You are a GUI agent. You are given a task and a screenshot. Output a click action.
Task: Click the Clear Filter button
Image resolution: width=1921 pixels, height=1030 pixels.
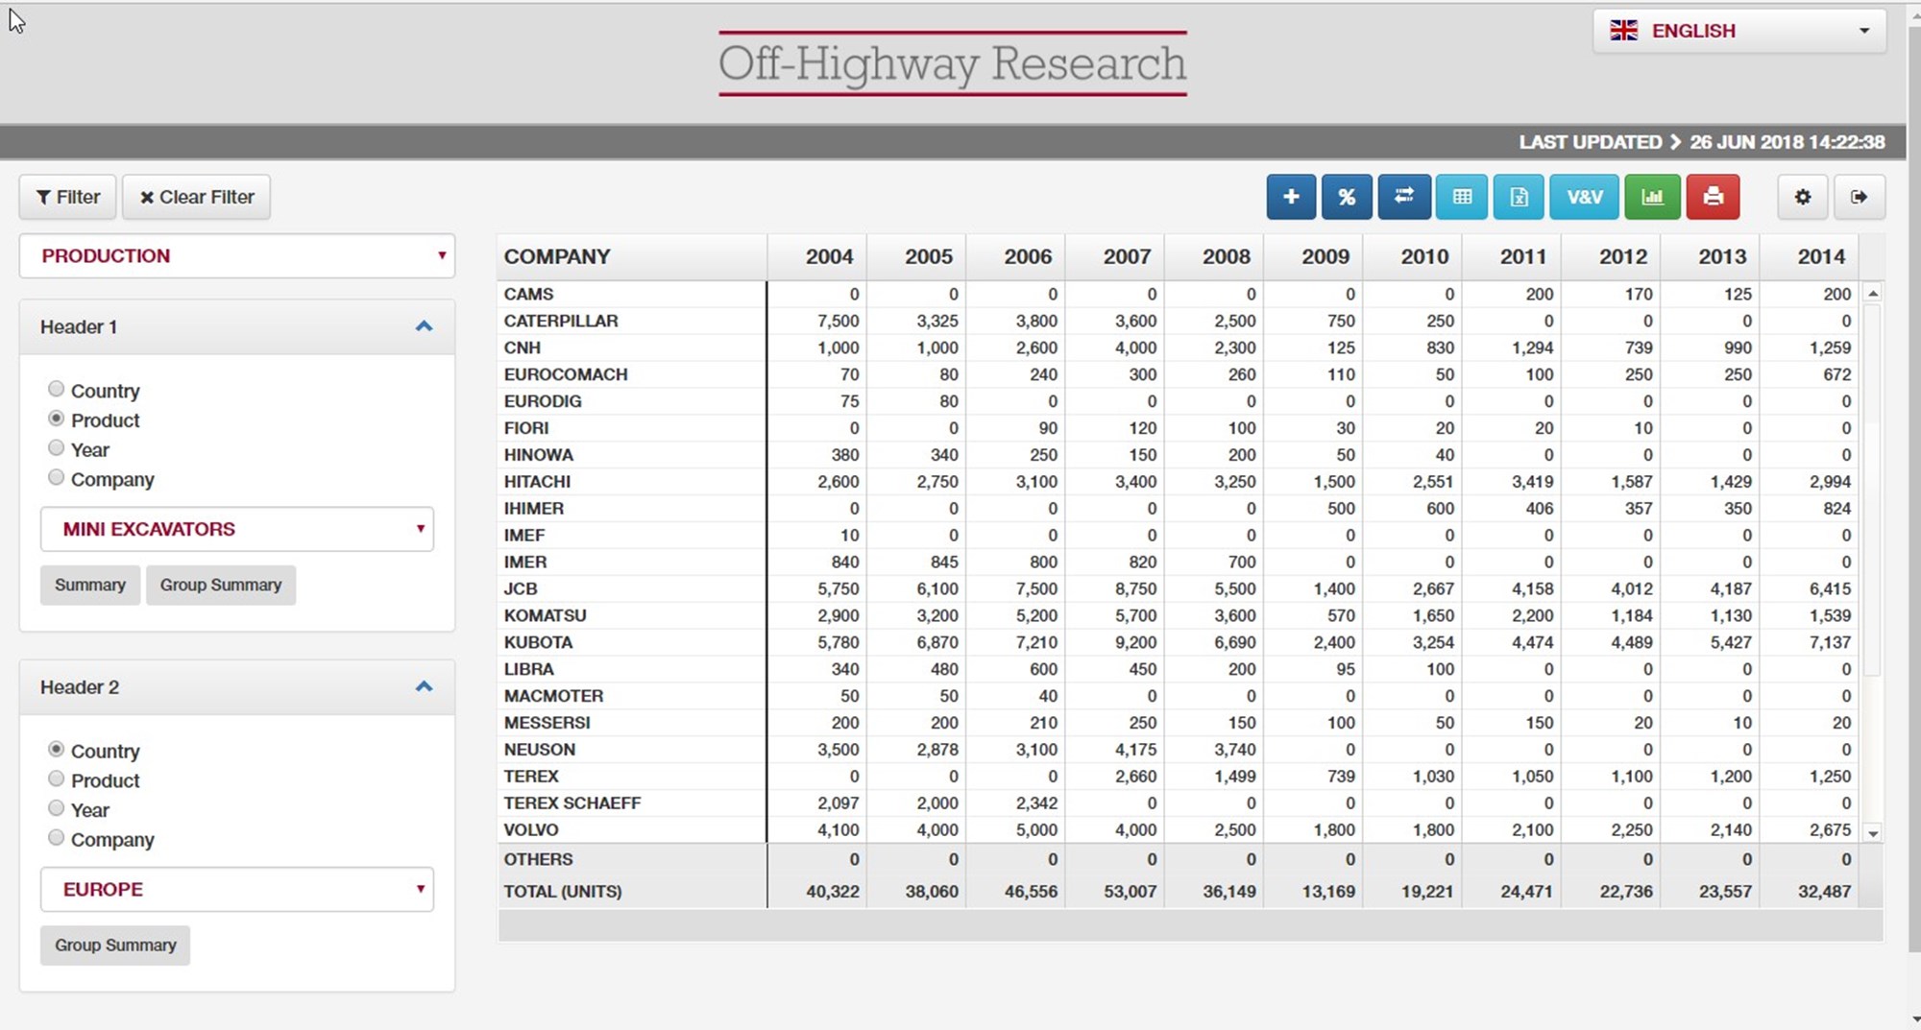[x=197, y=197]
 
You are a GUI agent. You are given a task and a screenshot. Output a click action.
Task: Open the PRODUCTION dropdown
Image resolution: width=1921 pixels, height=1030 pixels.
[x=236, y=256]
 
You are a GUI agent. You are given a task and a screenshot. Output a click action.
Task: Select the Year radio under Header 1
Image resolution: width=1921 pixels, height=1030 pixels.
[x=57, y=448]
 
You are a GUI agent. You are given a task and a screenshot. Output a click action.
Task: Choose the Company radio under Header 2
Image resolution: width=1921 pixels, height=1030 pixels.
[x=57, y=838]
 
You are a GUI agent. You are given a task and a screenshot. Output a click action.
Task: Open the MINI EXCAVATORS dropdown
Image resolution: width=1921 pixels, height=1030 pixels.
[x=236, y=529]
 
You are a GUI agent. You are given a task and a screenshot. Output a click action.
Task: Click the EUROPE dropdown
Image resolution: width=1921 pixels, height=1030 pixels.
[x=236, y=889]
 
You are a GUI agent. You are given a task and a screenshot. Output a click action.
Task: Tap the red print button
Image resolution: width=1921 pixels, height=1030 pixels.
[x=1713, y=197]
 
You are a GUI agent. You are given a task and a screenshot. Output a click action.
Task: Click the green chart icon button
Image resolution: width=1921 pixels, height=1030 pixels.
[x=1652, y=197]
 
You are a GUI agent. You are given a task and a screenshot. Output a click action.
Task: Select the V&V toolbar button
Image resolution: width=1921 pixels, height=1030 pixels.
[x=1584, y=197]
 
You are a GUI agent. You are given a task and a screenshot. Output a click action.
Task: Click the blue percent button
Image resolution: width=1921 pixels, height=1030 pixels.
[x=1347, y=197]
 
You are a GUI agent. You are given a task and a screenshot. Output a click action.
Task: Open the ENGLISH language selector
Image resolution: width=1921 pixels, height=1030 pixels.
[x=1739, y=31]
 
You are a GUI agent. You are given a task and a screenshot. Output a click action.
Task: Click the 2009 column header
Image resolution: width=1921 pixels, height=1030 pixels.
[x=1325, y=256]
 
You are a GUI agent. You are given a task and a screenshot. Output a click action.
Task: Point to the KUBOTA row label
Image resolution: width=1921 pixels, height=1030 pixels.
[x=538, y=642]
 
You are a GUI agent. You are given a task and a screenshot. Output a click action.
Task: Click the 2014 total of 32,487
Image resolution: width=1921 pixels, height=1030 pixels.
[x=1824, y=891]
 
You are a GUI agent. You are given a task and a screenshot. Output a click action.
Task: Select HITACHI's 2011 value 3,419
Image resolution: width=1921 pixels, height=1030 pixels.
[x=1532, y=481]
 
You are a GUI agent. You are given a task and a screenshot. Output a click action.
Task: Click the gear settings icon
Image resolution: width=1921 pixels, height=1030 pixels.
[x=1802, y=197]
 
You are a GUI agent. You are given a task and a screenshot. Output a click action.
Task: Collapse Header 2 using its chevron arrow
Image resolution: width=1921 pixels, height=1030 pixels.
[x=424, y=686]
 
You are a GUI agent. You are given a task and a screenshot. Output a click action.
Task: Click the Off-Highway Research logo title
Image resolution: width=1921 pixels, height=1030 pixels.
[x=952, y=63]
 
